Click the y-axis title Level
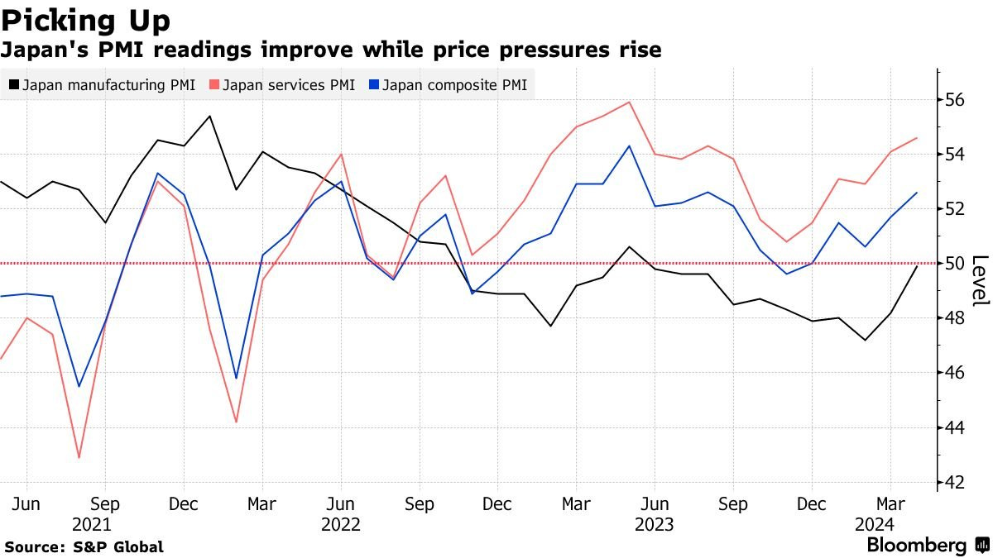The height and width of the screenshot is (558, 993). click(x=980, y=280)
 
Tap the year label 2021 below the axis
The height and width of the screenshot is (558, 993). click(x=92, y=524)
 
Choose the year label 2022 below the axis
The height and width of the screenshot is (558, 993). click(x=340, y=524)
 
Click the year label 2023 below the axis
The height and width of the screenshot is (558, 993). click(x=654, y=524)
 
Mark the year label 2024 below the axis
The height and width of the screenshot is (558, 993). click(x=875, y=524)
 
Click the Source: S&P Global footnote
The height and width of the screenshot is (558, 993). click(x=84, y=546)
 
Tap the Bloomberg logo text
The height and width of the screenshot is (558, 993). click(x=916, y=546)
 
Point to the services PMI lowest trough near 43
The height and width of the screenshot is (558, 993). click(x=79, y=457)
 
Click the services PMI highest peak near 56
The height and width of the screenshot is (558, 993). click(x=630, y=103)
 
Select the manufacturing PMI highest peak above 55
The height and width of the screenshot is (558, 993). click(x=210, y=116)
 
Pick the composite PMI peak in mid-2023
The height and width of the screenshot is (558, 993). click(x=630, y=146)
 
